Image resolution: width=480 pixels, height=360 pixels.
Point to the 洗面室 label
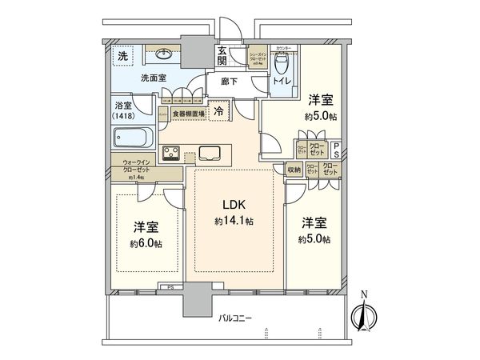coord(153,78)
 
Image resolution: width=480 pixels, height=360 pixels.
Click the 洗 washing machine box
coord(123,56)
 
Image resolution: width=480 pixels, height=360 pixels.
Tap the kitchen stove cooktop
coord(172,152)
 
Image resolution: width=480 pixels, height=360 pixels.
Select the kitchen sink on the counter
coord(212,152)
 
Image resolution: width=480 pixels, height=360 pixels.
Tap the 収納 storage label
coord(293,170)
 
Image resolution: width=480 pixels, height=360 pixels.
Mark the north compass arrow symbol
coord(362,314)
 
